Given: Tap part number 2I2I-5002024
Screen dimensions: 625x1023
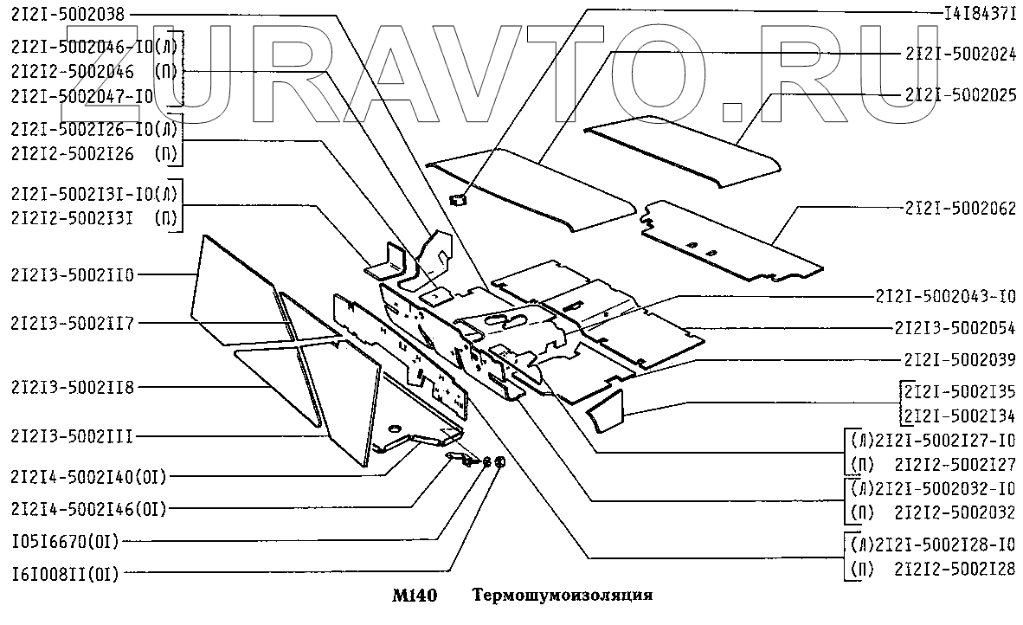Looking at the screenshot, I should point(960,53).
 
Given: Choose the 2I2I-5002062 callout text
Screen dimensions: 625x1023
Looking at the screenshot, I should point(960,208).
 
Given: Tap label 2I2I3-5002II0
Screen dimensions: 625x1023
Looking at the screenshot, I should point(73,275).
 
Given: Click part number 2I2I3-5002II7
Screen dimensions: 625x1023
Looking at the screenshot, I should point(73,323).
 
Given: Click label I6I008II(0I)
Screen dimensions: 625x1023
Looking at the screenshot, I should point(65,573).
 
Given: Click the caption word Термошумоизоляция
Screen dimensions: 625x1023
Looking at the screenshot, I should point(563,596).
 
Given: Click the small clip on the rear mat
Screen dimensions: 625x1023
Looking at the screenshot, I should point(459,200).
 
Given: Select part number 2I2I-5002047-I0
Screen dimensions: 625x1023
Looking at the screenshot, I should point(83,97).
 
